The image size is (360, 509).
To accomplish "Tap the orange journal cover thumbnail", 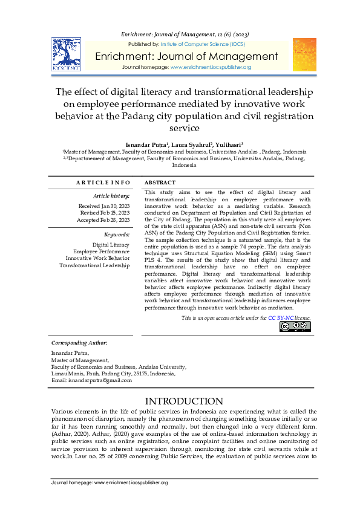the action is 304,54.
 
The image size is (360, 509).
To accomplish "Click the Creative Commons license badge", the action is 295,326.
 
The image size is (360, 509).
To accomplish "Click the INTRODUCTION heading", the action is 185,401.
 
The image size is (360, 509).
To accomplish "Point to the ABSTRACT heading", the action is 160,183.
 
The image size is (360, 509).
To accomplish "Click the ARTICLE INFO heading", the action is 103,183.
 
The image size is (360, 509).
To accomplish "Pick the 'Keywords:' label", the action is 117,234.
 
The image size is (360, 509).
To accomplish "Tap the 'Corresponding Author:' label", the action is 79,343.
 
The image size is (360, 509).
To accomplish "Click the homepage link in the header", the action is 211,67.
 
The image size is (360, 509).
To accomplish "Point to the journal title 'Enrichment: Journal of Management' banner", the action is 186,56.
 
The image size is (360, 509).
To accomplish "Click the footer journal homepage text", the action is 110,482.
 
